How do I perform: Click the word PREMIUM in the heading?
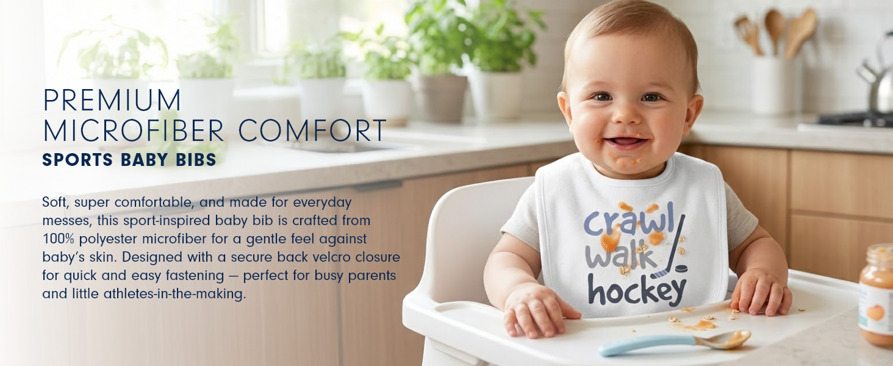[x=112, y=99]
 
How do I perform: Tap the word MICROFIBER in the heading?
[x=134, y=131]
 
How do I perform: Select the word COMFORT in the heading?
[x=312, y=131]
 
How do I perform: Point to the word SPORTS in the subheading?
[x=77, y=160]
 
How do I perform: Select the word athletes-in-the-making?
[x=174, y=294]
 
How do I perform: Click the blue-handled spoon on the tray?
[x=675, y=342]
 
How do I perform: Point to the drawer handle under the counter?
[x=377, y=185]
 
